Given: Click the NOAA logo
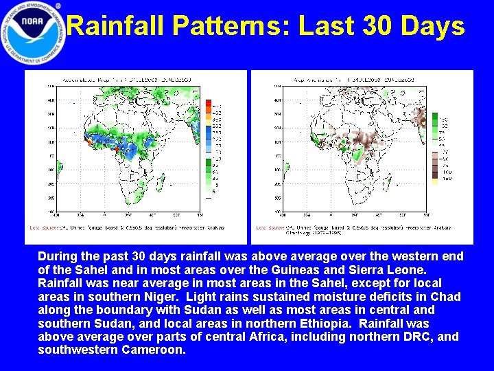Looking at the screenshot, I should pyautogui.click(x=32, y=33).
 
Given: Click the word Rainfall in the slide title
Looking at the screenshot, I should pyautogui.click(x=117, y=26).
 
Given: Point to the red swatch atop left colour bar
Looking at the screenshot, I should pyautogui.click(x=209, y=104).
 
